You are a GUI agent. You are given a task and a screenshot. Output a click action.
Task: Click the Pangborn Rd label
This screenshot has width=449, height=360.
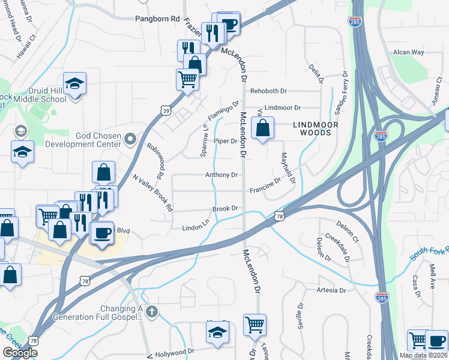click(158, 19)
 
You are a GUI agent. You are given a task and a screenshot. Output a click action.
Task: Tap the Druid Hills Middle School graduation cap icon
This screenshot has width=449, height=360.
click(76, 84)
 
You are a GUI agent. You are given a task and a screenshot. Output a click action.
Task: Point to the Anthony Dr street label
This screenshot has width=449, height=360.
click(222, 175)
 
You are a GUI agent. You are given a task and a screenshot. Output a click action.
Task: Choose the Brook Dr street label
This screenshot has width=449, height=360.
click(226, 209)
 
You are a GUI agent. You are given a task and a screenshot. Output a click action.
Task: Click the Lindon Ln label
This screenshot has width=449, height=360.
click(195, 228)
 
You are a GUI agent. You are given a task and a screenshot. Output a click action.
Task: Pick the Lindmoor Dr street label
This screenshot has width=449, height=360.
click(282, 107)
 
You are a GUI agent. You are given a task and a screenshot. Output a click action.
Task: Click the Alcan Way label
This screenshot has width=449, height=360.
click(408, 53)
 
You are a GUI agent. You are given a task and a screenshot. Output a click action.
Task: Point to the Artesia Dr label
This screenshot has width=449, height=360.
click(331, 290)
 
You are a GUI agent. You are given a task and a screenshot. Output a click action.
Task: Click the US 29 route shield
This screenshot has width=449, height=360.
click(166, 110)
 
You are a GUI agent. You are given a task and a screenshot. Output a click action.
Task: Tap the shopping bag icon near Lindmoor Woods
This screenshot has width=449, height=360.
click(262, 128)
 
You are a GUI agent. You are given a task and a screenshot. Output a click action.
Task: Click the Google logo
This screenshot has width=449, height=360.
click(20, 353)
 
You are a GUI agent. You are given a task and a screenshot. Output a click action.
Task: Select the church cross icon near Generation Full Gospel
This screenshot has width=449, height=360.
click(152, 312)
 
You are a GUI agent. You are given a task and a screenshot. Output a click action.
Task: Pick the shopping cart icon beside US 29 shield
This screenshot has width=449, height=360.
click(188, 79)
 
